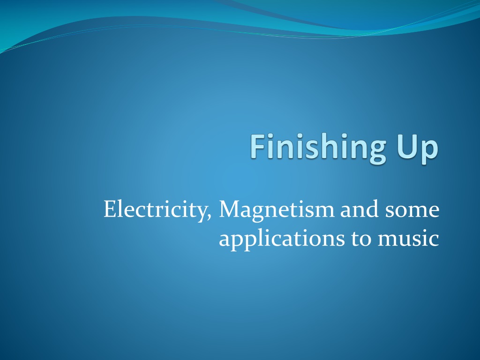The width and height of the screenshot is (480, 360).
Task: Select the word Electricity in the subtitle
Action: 155,210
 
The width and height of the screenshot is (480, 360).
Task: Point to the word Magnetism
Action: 277,210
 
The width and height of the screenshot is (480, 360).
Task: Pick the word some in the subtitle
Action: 412,212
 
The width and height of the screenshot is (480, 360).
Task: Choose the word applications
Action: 282,239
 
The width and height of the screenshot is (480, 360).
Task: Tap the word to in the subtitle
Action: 361,240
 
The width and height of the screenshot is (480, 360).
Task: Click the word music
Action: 409,238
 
